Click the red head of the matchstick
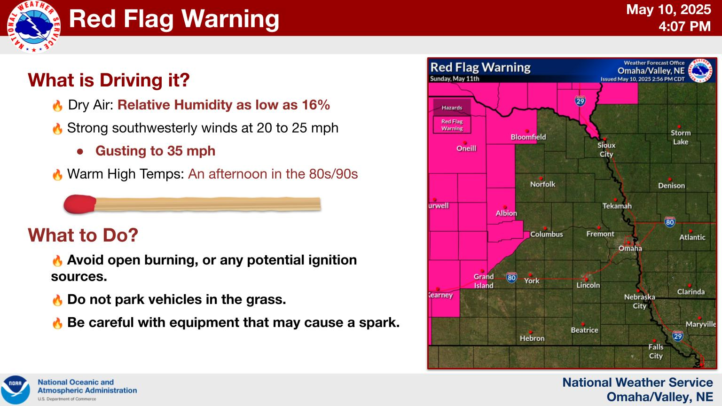click(79, 204)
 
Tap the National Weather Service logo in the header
click(34, 26)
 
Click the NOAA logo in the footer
click(16, 390)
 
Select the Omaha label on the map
click(630, 249)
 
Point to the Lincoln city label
click(588, 285)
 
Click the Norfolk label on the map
click(543, 184)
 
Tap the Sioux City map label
click(606, 150)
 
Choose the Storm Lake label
click(681, 137)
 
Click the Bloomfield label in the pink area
click(528, 137)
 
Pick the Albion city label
click(506, 213)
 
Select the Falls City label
click(656, 351)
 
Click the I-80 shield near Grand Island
click(511, 277)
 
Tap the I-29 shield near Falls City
click(677, 336)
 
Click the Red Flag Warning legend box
click(452, 125)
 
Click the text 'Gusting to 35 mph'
click(156, 151)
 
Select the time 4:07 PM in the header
click(684, 26)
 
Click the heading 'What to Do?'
click(83, 235)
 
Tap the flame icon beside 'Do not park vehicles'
click(57, 300)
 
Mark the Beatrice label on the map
click(584, 330)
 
